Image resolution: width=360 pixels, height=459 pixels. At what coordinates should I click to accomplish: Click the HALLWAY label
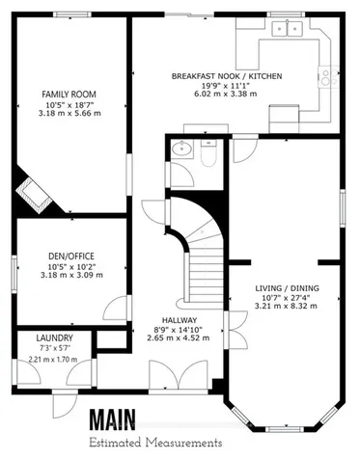point(180,320)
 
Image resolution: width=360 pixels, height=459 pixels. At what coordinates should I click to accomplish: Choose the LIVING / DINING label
point(287,289)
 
